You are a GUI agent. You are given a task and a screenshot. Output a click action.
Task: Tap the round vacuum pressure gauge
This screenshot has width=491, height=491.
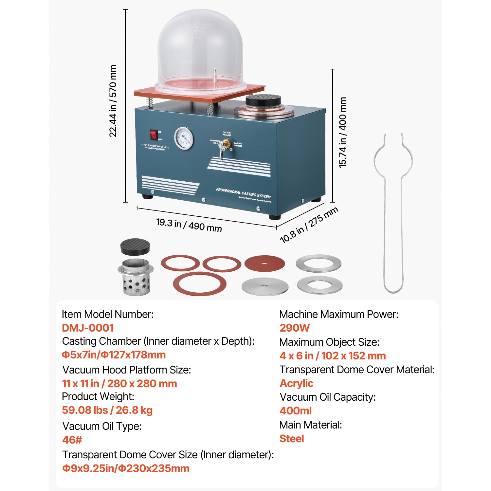tap(184, 138)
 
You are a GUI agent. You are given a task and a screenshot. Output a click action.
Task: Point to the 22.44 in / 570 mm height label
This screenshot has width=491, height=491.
tap(113, 100)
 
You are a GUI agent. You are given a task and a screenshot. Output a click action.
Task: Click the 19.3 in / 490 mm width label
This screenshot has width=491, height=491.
tap(189, 225)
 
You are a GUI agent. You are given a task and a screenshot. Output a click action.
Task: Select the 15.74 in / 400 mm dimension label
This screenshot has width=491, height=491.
tap(342, 132)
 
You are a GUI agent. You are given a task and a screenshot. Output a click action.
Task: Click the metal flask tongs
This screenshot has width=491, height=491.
tap(393, 213)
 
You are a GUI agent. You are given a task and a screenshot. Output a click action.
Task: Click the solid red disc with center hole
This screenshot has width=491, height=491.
tap(264, 263)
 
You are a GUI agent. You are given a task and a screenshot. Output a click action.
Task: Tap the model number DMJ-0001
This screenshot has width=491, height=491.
tap(88, 328)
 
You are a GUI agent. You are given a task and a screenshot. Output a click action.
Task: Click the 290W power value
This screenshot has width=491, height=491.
tap(294, 328)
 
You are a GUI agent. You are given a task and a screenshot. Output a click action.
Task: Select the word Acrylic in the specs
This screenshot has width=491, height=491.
tap(296, 383)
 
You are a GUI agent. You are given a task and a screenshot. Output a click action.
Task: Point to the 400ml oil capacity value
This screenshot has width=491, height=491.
tap(295, 410)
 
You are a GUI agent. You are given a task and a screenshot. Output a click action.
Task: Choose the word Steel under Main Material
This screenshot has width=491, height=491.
tap(291, 438)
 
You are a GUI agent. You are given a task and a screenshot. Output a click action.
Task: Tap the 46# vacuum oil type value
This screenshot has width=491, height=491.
tap(72, 440)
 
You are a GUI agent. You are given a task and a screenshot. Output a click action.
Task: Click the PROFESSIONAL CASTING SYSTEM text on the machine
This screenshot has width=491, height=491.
tap(243, 193)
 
